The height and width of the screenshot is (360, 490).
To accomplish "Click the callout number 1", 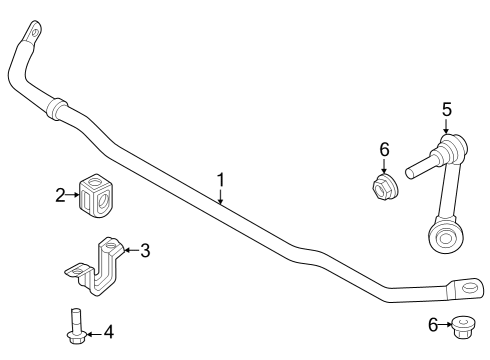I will (221, 180).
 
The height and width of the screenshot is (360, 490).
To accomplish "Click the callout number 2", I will (59, 196).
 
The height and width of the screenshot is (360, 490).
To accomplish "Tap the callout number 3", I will (145, 250).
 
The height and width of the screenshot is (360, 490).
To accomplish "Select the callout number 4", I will (109, 331).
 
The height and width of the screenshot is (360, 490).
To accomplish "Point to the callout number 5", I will (446, 109).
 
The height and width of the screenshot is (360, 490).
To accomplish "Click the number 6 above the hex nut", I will (384, 149).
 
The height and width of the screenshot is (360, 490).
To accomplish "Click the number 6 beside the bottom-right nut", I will (432, 324).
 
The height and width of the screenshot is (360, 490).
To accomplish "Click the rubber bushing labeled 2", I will (95, 195).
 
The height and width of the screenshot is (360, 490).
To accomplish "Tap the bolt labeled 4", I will (75, 330).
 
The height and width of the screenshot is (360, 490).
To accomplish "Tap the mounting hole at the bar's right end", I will (465, 287).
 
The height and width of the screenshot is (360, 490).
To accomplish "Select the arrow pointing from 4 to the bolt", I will (93, 331).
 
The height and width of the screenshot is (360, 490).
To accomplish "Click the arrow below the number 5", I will (446, 127).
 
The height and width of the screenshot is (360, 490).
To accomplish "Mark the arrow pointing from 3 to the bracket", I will (129, 250).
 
